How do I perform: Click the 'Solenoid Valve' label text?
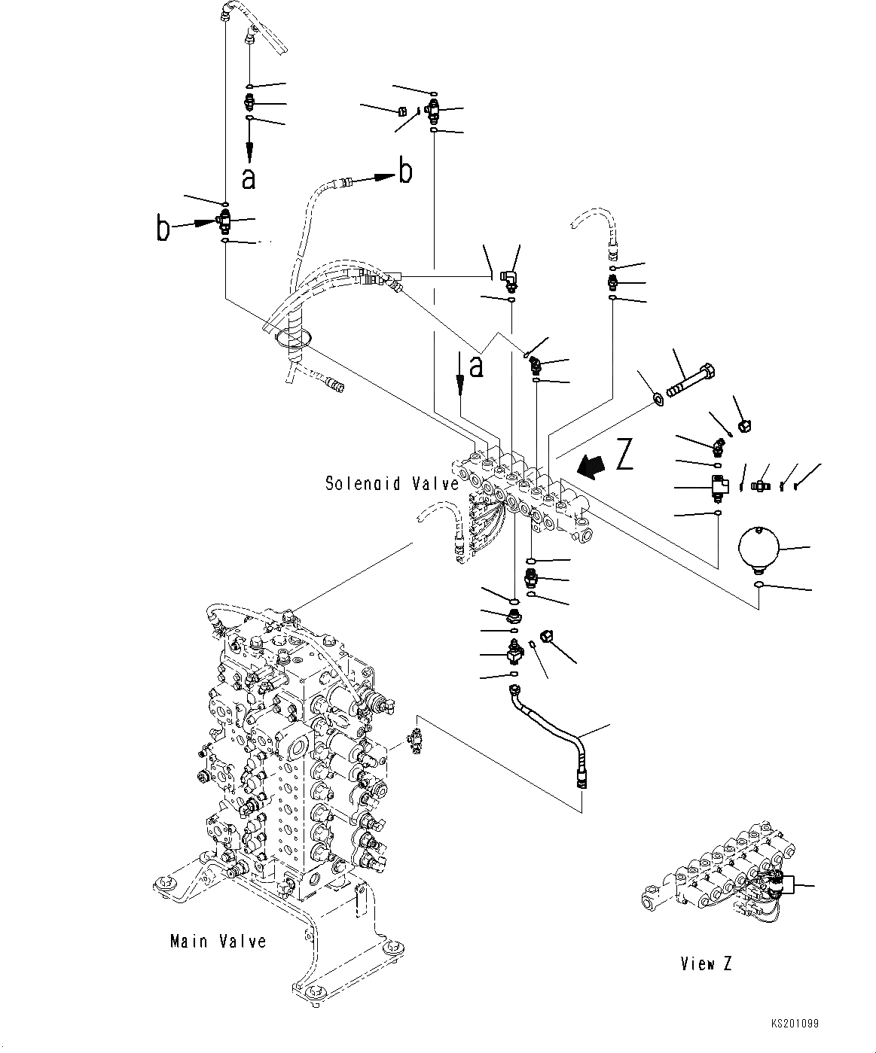(x=392, y=483)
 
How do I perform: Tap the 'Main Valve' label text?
(x=218, y=941)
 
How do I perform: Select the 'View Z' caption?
(x=706, y=963)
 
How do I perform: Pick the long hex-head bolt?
(x=689, y=382)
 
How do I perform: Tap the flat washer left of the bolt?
(x=658, y=397)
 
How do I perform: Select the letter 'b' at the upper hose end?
(x=405, y=172)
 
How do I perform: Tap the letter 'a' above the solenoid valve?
(x=475, y=367)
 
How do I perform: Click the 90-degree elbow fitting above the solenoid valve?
(x=510, y=278)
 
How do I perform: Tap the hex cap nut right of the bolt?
(x=743, y=426)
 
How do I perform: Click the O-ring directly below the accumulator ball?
(x=760, y=584)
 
